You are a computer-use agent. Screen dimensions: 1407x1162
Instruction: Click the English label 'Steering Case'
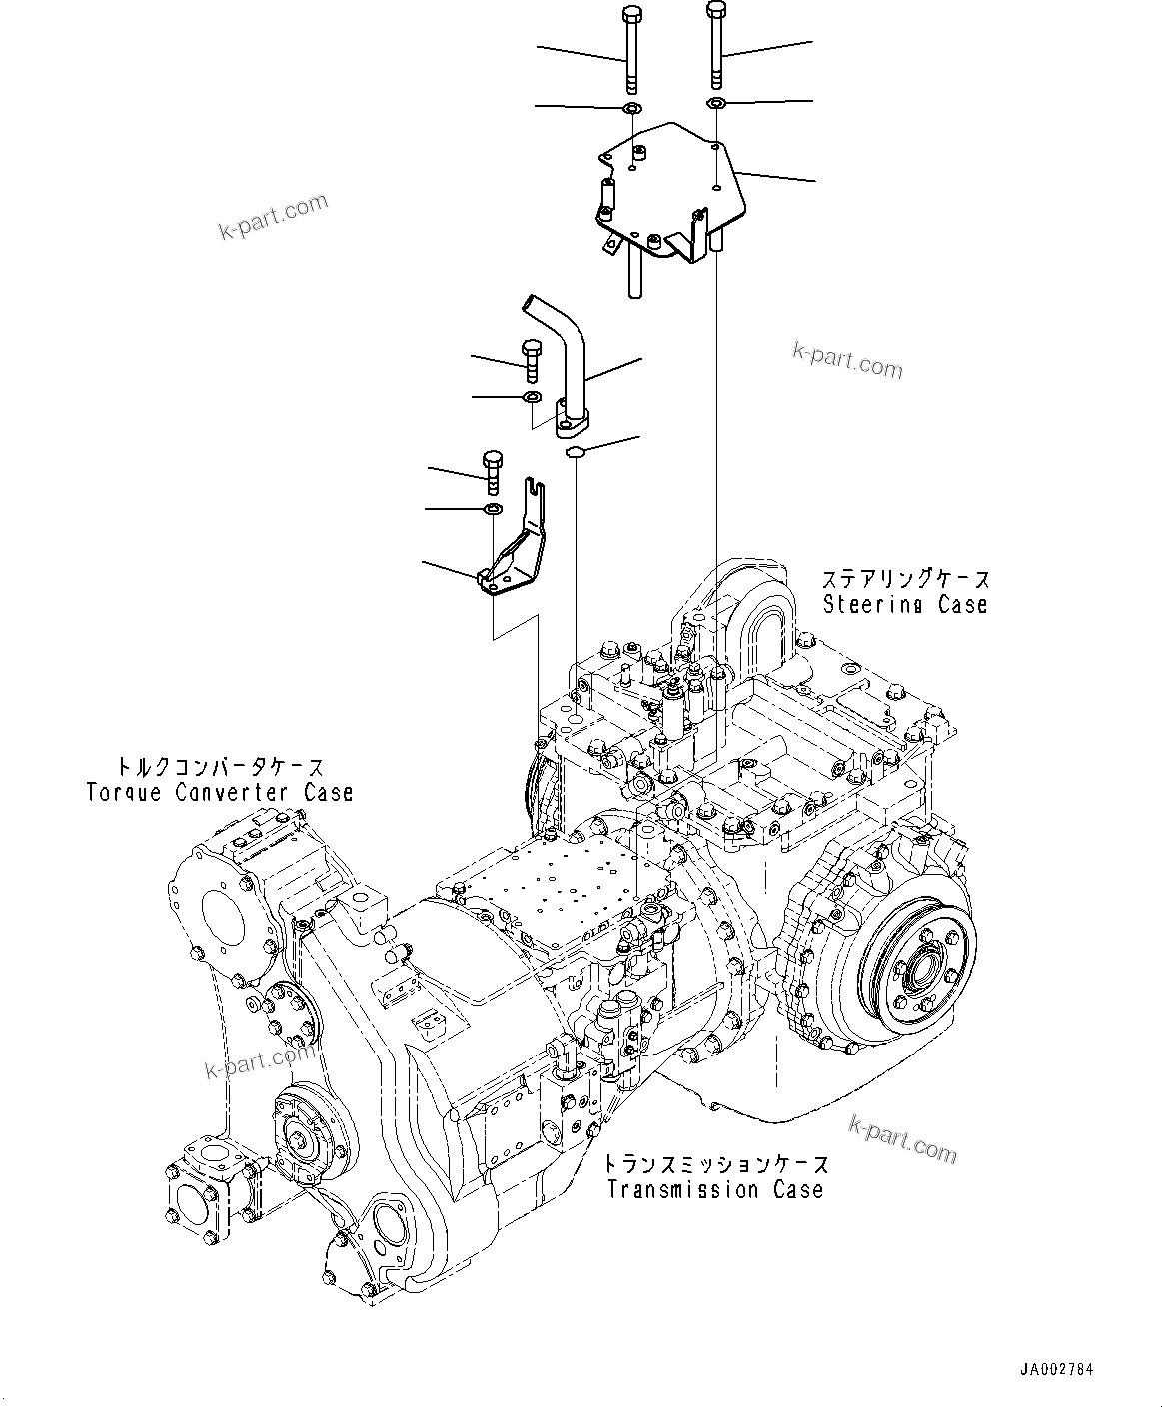905,604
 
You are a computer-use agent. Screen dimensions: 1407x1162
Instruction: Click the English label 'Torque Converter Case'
220,792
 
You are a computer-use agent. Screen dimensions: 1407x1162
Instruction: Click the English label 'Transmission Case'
715,1189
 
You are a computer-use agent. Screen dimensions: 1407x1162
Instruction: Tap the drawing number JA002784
1057,1369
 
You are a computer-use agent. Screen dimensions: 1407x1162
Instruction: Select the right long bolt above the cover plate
716,45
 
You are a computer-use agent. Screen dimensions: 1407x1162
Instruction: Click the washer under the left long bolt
630,107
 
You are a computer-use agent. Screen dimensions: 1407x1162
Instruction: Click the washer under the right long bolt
716,104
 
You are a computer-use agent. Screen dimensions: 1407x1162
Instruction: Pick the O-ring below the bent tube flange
575,453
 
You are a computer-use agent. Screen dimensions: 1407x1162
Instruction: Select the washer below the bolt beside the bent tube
534,399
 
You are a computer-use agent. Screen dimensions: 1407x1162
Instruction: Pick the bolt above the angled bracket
492,472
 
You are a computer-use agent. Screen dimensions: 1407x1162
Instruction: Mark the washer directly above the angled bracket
493,511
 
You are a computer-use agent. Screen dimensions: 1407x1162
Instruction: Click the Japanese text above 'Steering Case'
905,579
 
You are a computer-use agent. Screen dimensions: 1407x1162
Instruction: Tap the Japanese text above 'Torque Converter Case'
220,767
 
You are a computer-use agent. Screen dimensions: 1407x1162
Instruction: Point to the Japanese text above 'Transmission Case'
715,1164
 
